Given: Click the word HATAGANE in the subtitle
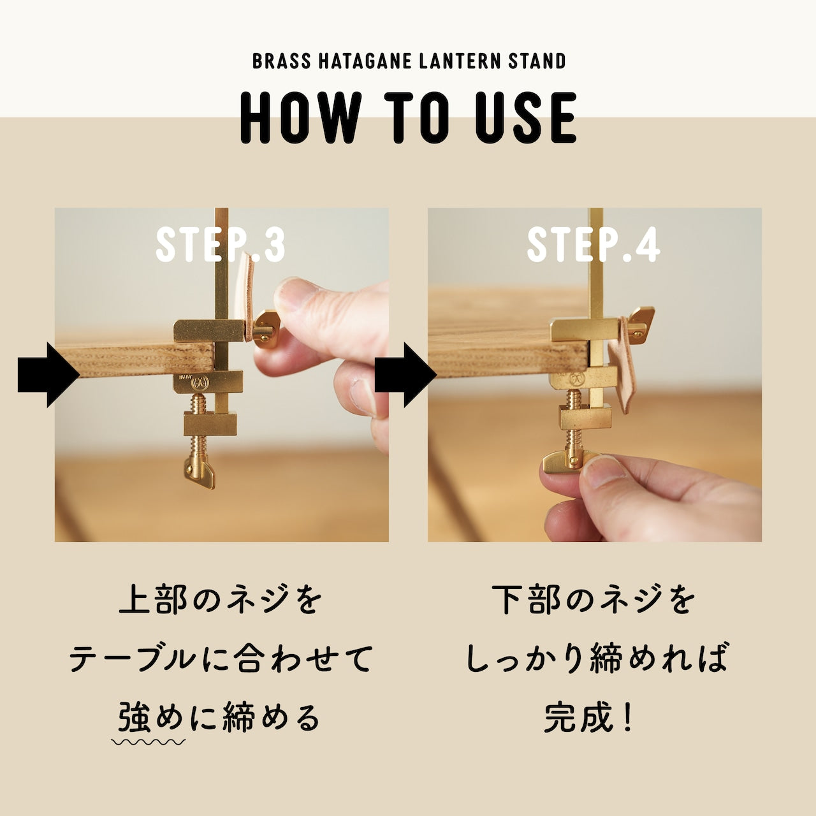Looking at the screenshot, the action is (365, 61).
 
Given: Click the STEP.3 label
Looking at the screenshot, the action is (220, 245).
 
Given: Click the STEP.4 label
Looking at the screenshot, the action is (594, 245).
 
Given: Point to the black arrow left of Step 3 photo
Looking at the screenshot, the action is (48, 375).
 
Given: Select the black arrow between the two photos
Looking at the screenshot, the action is (405, 375).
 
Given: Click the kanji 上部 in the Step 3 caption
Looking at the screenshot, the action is (153, 599).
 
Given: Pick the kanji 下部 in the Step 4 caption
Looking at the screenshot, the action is (525, 599).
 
